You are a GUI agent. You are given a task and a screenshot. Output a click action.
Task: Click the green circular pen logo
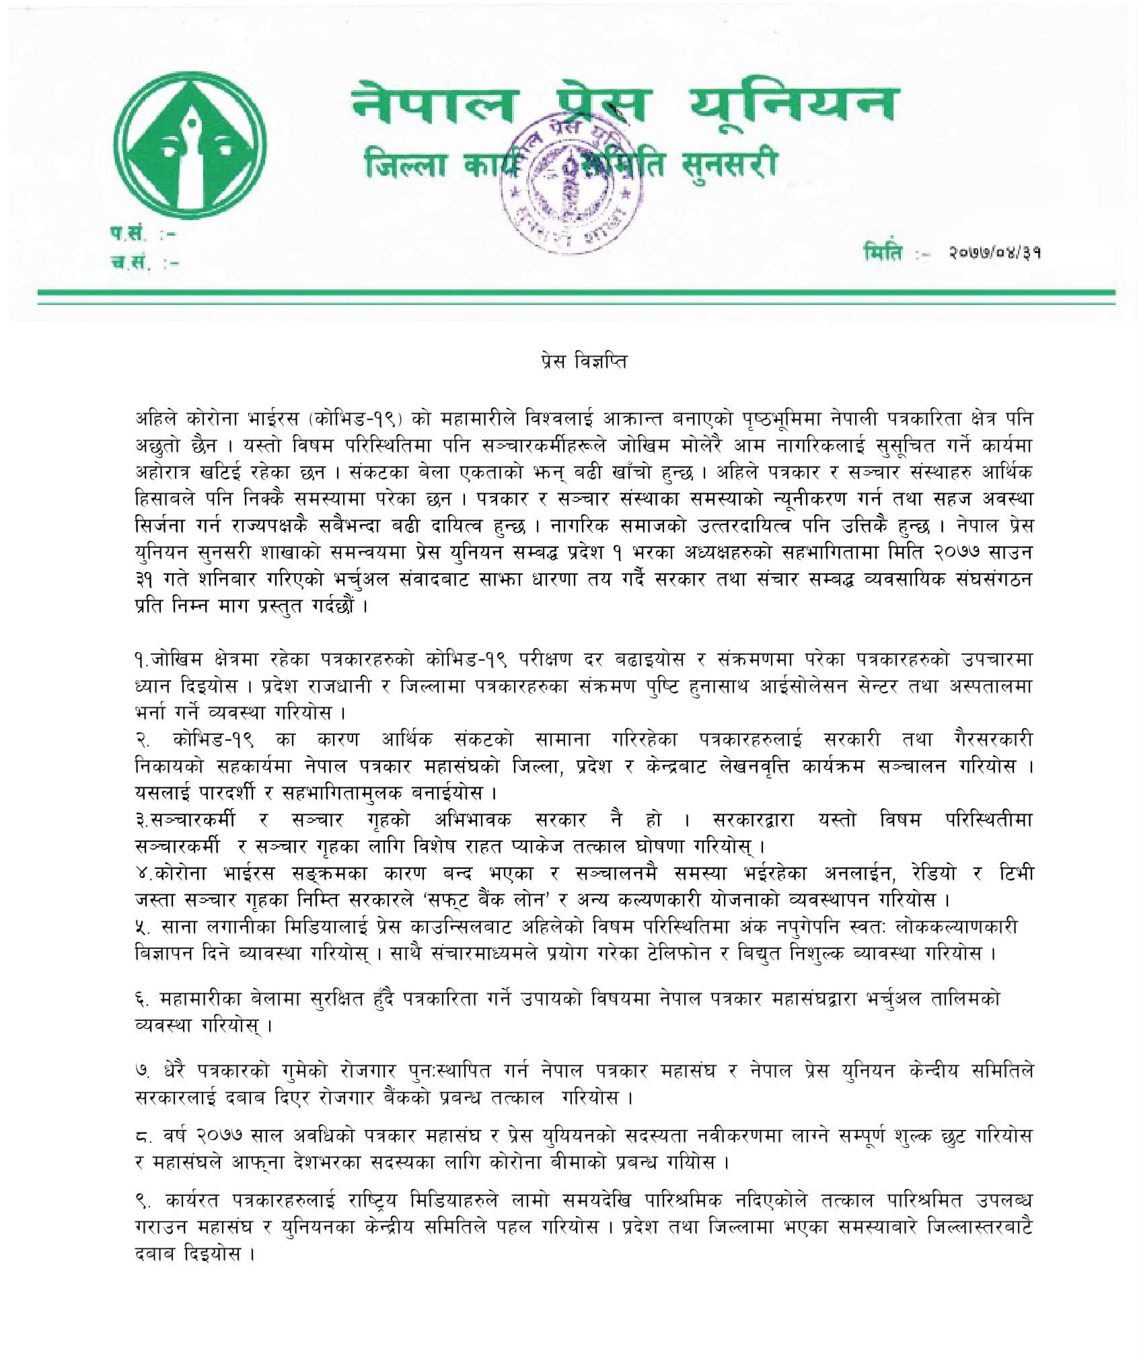(x=184, y=149)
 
